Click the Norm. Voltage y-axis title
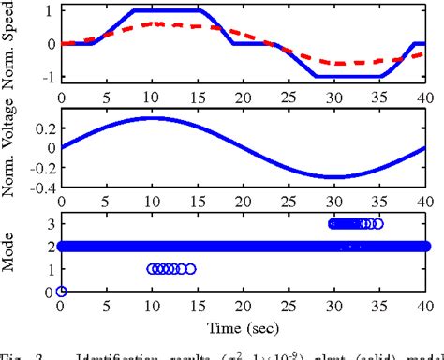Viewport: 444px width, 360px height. pos(12,150)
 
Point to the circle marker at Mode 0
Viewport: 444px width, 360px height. pos(62,292)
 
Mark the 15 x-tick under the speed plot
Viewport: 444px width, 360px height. pos(198,96)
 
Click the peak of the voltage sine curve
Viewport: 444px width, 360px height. pos(153,117)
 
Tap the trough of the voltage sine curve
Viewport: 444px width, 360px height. pos(333,176)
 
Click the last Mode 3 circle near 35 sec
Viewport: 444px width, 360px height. pos(378,224)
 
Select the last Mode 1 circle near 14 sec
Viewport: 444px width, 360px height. pos(190,269)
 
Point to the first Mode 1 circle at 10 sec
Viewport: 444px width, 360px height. pos(153,269)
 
